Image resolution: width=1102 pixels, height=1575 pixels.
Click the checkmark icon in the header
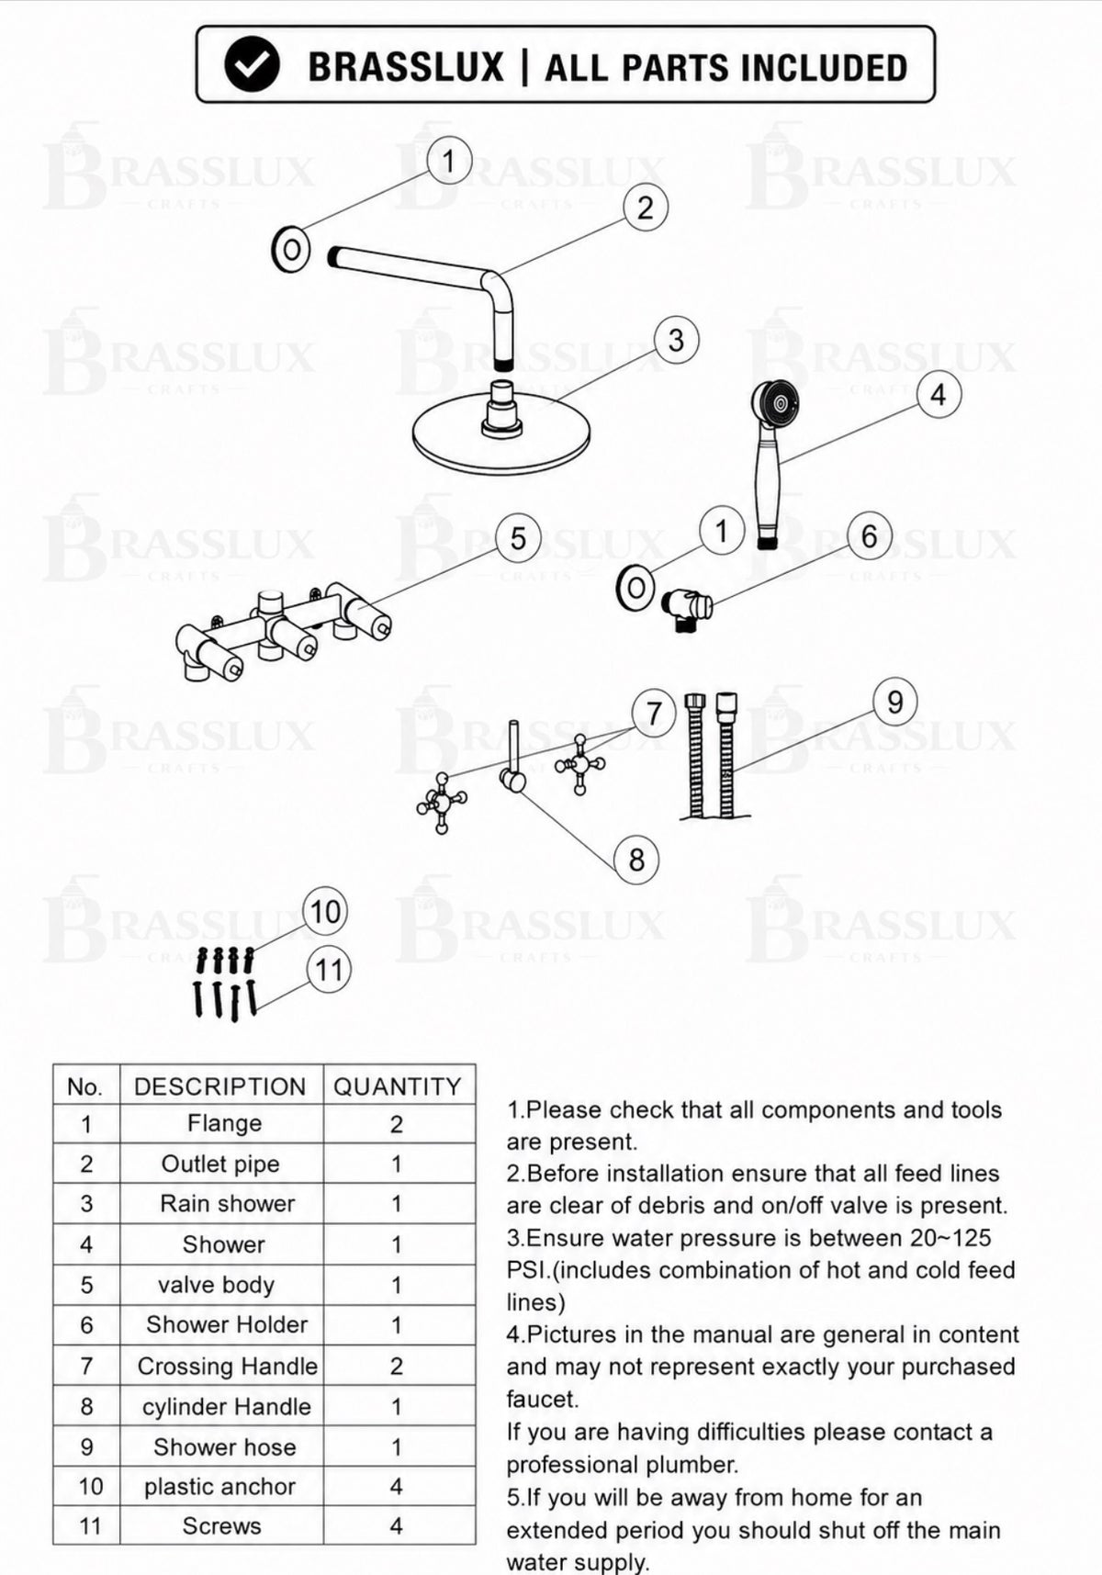[x=252, y=65]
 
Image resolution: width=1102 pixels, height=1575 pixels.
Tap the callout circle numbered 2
[x=645, y=208]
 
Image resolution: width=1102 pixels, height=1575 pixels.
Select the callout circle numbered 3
[x=676, y=341]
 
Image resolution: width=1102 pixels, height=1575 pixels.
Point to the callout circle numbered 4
[x=938, y=395]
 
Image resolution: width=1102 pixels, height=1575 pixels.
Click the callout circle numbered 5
[x=518, y=538]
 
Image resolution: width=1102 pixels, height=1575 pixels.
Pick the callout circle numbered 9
[x=895, y=703]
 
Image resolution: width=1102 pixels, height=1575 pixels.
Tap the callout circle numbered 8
[x=636, y=861]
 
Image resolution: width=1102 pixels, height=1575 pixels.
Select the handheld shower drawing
[x=771, y=464]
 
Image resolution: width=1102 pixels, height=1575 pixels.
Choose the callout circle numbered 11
[x=329, y=971]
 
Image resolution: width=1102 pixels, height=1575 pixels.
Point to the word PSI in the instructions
[x=528, y=1270]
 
